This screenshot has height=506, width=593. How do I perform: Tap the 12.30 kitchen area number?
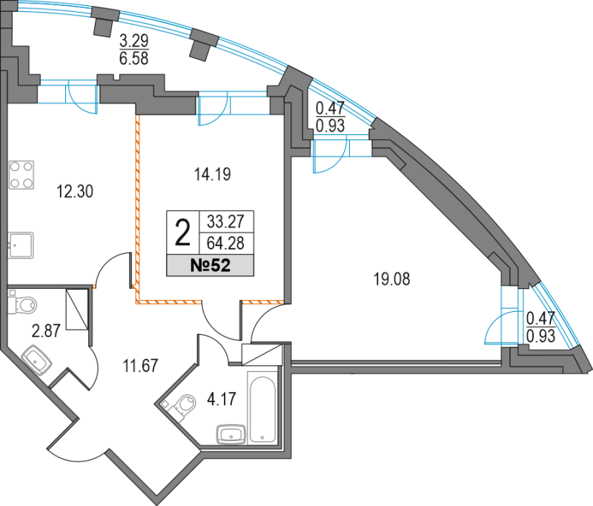click(x=75, y=192)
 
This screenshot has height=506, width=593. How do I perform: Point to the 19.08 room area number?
click(x=393, y=280)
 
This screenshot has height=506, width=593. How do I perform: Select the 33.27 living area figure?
click(x=228, y=221)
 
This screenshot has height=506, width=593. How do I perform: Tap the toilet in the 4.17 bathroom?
click(x=182, y=405)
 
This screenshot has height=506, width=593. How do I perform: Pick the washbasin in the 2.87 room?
click(x=35, y=362)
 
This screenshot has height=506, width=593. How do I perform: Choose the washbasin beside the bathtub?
click(x=230, y=433)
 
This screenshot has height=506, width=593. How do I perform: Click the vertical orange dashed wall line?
click(x=137, y=207)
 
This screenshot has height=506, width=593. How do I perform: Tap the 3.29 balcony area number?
click(x=133, y=40)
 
